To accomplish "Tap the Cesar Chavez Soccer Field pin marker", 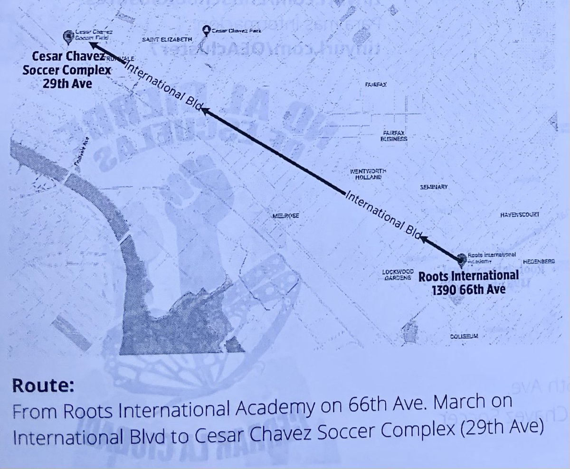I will pyautogui.click(x=67, y=36).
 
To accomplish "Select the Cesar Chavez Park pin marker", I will pyautogui.click(x=206, y=31).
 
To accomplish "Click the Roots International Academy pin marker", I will pyautogui.click(x=461, y=259).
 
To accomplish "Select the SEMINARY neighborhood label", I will pyautogui.click(x=434, y=188).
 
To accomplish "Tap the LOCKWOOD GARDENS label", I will pyautogui.click(x=396, y=276).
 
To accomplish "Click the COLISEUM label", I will pyautogui.click(x=463, y=336).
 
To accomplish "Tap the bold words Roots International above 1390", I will pyautogui.click(x=468, y=276).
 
